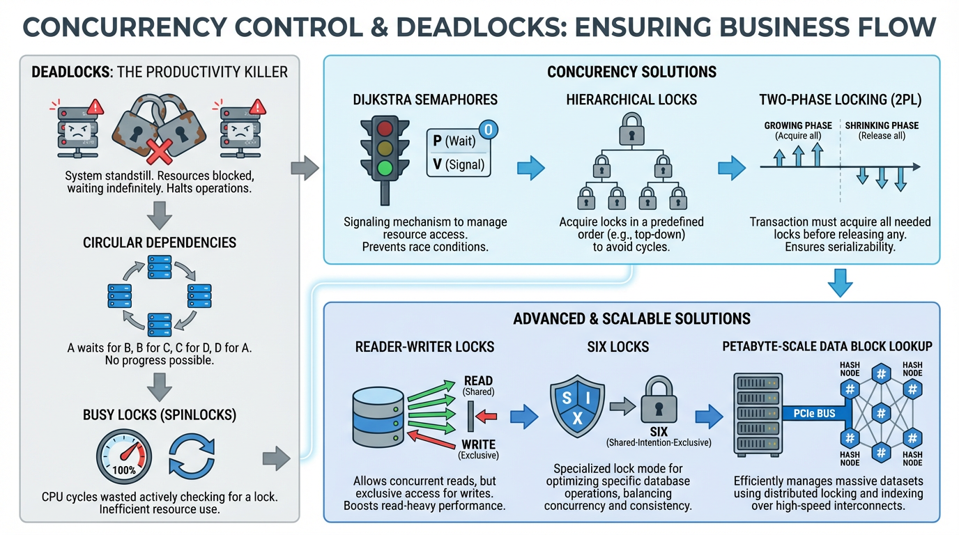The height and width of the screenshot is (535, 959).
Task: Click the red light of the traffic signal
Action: tap(384, 130)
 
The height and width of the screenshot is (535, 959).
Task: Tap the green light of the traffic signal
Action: tap(384, 168)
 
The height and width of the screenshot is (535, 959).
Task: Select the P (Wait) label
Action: tap(454, 141)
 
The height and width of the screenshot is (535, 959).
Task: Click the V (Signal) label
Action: tap(458, 165)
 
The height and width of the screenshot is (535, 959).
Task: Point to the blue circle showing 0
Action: tap(487, 130)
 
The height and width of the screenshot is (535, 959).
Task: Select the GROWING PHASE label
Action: tap(798, 125)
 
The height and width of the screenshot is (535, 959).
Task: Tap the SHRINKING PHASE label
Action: tap(882, 125)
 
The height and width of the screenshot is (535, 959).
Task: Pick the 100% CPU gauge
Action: tap(124, 457)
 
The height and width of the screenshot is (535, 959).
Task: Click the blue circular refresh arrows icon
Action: tap(192, 457)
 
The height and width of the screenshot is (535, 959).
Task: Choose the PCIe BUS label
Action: tap(814, 414)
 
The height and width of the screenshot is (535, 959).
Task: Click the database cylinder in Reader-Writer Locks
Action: tap(377, 415)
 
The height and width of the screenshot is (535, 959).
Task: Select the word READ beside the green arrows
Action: tap(478, 381)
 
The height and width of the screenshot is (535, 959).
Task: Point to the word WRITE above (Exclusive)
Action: tap(478, 444)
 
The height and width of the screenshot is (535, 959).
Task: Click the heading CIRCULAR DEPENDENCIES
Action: tap(160, 242)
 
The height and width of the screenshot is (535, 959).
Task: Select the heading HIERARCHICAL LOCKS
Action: tap(631, 100)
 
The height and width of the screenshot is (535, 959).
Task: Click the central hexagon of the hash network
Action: tap(881, 414)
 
